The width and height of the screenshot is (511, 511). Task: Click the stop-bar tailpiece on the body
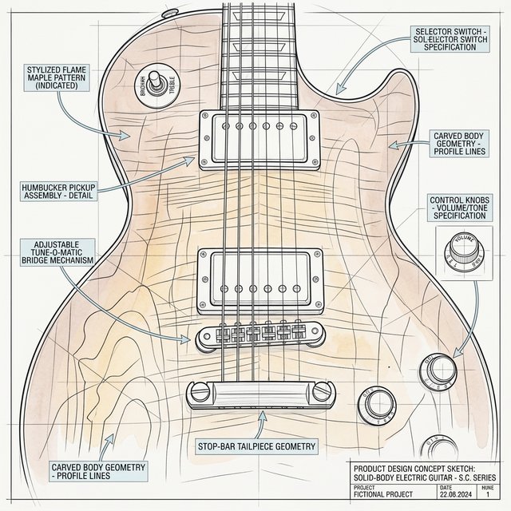(260, 393)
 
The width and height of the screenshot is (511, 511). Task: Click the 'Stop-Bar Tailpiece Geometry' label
(257, 446)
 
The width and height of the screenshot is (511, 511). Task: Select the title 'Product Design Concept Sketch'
(426, 467)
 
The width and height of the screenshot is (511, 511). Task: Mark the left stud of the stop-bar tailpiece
(197, 392)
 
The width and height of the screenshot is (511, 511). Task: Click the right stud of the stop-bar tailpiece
(322, 392)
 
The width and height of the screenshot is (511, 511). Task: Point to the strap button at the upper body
(170, 13)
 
